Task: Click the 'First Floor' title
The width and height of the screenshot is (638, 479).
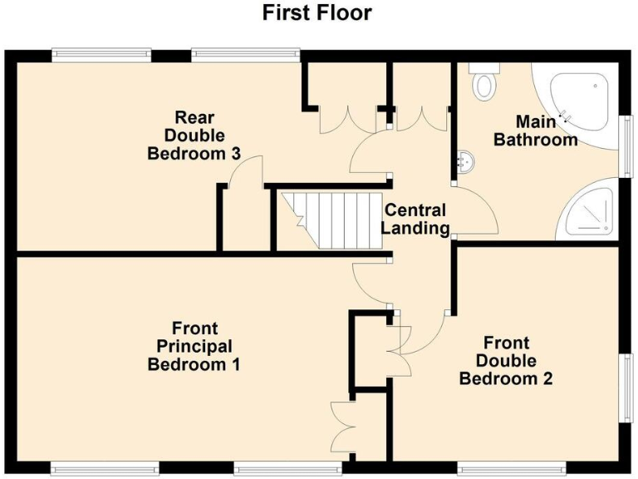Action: pyautogui.click(x=317, y=13)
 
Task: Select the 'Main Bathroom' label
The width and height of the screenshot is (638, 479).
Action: pyautogui.click(x=536, y=131)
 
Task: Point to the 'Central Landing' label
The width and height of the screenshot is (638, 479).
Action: pyautogui.click(x=415, y=219)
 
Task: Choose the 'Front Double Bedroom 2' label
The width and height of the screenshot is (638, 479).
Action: pyautogui.click(x=506, y=360)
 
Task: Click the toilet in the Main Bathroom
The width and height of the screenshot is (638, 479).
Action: pyautogui.click(x=483, y=81)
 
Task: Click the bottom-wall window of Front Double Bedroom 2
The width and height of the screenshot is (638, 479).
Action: pyautogui.click(x=512, y=468)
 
